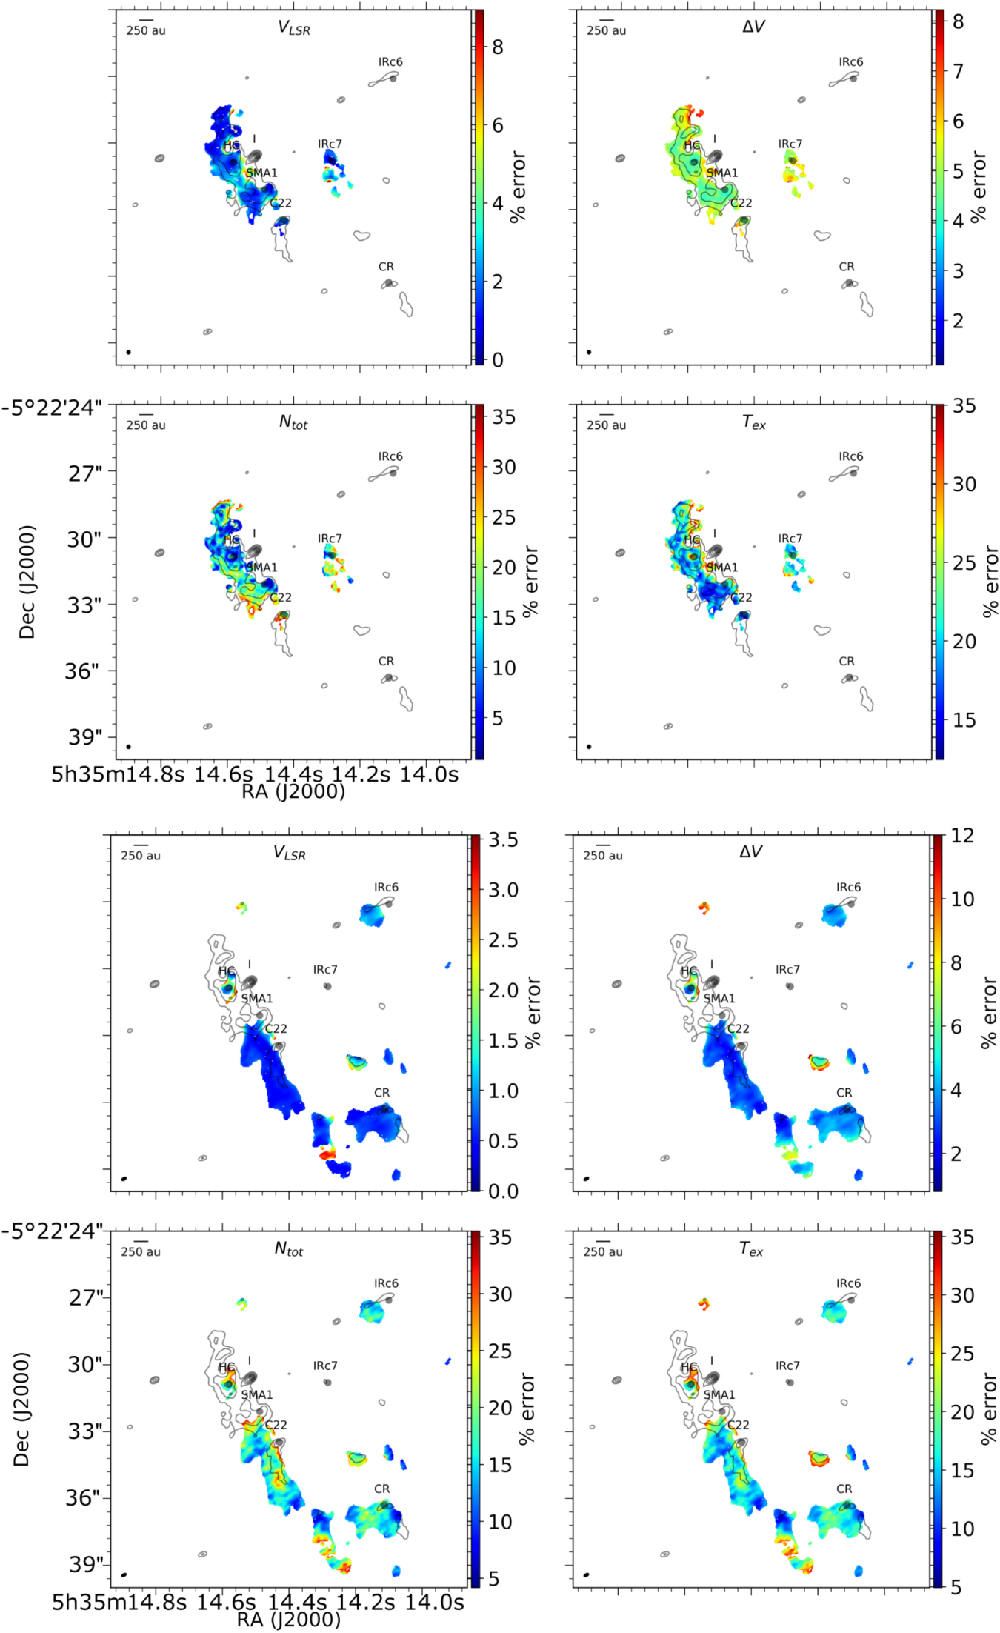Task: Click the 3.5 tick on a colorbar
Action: (503, 840)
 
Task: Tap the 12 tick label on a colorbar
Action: (962, 836)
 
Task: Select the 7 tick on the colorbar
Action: (958, 71)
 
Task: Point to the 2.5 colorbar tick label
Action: (503, 940)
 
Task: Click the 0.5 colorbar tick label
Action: (503, 1141)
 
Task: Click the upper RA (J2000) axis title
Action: (293, 792)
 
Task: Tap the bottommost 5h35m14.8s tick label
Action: (118, 1602)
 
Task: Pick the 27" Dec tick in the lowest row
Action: (86, 1297)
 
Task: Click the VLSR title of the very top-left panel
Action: (293, 27)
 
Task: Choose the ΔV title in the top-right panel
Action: (753, 27)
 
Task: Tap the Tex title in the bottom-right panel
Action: (751, 1250)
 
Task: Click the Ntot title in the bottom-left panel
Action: (289, 1249)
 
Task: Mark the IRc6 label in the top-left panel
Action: (390, 61)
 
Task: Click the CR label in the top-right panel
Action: (847, 267)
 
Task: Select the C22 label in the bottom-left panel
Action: (276, 1425)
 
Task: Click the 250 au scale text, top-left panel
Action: (146, 30)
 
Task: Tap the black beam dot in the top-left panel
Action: (129, 352)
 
